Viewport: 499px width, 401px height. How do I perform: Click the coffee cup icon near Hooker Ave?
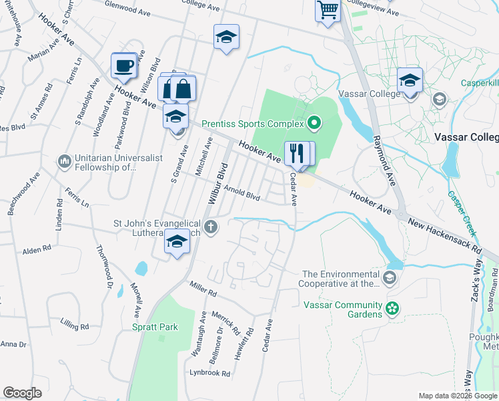coord(124,65)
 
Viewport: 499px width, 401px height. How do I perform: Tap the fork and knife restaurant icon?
coord(295,153)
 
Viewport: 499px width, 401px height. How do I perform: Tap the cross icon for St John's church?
coord(211,227)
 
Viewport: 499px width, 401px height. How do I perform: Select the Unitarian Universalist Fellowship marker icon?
coord(65,161)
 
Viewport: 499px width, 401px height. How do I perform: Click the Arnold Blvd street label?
coord(241,192)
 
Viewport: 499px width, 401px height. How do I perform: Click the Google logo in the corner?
coord(23,393)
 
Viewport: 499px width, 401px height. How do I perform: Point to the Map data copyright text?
coord(457,396)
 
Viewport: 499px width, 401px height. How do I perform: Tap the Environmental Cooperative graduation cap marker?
coord(390,276)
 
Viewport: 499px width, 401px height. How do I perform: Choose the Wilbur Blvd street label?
coord(219,182)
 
